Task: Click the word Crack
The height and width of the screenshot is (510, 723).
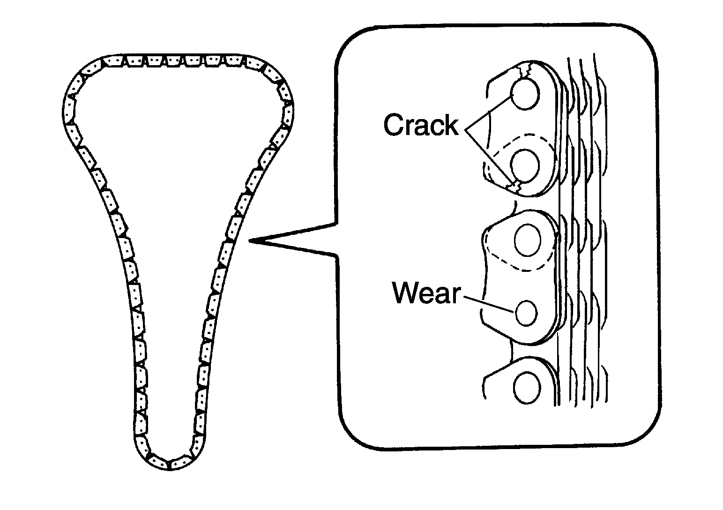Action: [421, 125]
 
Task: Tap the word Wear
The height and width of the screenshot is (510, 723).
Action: [426, 293]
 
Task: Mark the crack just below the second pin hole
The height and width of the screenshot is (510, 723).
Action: [514, 187]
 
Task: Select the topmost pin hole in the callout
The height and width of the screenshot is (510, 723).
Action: [525, 94]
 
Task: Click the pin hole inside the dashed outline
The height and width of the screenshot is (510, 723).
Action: [525, 165]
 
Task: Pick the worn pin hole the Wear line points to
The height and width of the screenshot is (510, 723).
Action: [526, 313]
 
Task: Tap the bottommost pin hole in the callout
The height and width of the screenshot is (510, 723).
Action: [527, 388]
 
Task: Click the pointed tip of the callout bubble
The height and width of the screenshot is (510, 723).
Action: [249, 240]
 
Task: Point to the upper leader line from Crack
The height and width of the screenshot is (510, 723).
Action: [489, 112]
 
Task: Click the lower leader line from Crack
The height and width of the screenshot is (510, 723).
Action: [489, 156]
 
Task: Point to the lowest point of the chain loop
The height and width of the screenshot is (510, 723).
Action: [170, 470]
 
